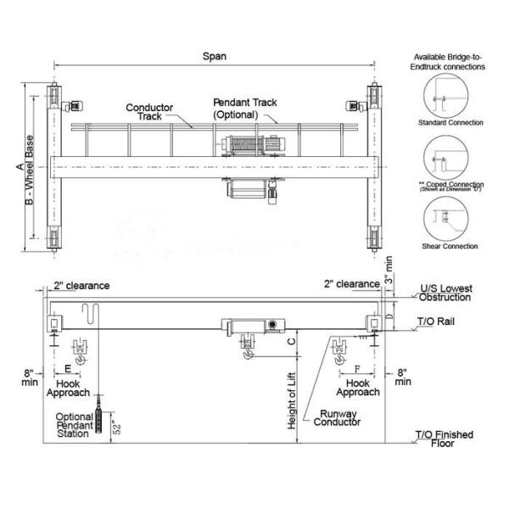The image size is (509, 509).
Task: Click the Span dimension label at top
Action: [x=214, y=57]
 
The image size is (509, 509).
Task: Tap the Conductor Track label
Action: [x=149, y=113]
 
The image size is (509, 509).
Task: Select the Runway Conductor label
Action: [x=337, y=419]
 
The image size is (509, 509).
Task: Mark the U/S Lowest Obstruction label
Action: [x=445, y=293]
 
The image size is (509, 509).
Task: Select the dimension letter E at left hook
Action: [x=67, y=370]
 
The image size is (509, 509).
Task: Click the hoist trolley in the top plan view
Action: [x=251, y=145]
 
